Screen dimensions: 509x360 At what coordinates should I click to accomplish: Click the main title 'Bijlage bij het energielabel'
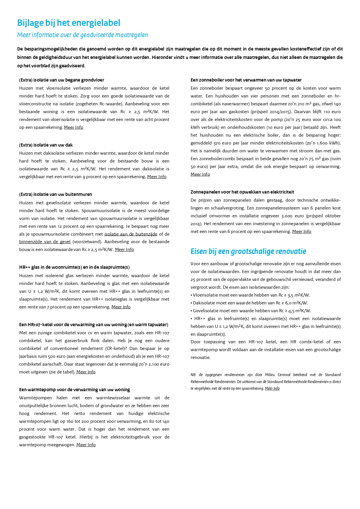[68, 23]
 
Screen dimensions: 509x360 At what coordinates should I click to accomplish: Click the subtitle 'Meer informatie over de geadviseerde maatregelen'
[82, 35]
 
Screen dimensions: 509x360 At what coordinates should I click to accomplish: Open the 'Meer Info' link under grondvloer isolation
[73, 127]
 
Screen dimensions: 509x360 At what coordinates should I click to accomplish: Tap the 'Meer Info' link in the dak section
[157, 177]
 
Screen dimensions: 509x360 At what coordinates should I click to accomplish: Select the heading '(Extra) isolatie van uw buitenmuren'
[55, 194]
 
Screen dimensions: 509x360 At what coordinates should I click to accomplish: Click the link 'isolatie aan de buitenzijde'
[131, 234]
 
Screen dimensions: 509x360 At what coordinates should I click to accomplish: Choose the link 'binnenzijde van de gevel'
[45, 242]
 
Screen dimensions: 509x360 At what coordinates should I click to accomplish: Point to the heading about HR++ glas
[74, 267]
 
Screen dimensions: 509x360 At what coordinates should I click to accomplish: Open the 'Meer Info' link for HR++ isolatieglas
[121, 307]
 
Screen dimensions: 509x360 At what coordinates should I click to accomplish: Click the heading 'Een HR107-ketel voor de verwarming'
[93, 325]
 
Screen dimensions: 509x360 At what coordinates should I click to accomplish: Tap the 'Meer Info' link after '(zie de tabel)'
[86, 372]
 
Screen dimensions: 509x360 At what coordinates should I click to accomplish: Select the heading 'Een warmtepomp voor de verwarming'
[75, 390]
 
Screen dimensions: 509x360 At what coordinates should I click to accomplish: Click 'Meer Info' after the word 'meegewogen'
[86, 445]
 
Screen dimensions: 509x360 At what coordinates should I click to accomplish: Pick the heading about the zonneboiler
[246, 80]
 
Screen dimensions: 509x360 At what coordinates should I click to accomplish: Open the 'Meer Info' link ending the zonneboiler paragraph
[200, 174]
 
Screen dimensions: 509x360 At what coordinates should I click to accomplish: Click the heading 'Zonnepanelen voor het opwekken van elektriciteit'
[242, 192]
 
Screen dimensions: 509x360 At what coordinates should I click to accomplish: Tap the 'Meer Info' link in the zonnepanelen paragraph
[302, 232]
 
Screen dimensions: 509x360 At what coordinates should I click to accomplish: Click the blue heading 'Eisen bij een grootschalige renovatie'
[248, 251]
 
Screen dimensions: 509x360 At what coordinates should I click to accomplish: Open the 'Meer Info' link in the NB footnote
[272, 389]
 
